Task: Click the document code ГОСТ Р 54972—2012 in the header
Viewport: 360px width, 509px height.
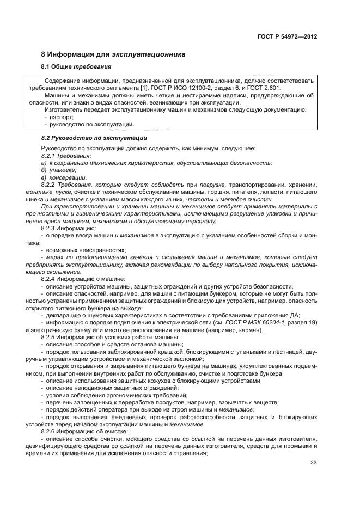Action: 286,37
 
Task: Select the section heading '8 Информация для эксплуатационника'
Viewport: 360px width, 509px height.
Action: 113,54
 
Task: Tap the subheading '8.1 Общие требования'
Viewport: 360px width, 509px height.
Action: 76,67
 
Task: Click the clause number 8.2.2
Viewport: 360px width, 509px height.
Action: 50,185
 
